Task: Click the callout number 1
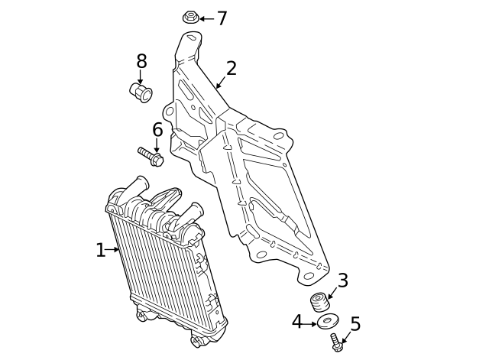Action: [x=100, y=250]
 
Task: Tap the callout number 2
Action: [x=231, y=69]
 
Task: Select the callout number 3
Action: [x=342, y=281]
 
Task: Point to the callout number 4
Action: [x=297, y=323]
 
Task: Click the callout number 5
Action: [x=355, y=324]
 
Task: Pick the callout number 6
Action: [x=157, y=130]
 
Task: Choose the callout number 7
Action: [x=222, y=18]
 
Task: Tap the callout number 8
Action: [x=141, y=62]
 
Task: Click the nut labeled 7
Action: [x=190, y=17]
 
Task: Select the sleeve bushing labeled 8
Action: [x=141, y=93]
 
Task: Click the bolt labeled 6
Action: [x=151, y=156]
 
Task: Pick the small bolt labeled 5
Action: [x=336, y=343]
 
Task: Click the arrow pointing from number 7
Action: [x=206, y=18]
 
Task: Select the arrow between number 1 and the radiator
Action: [x=113, y=249]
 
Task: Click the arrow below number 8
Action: [x=141, y=77]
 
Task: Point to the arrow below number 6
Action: [x=157, y=145]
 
